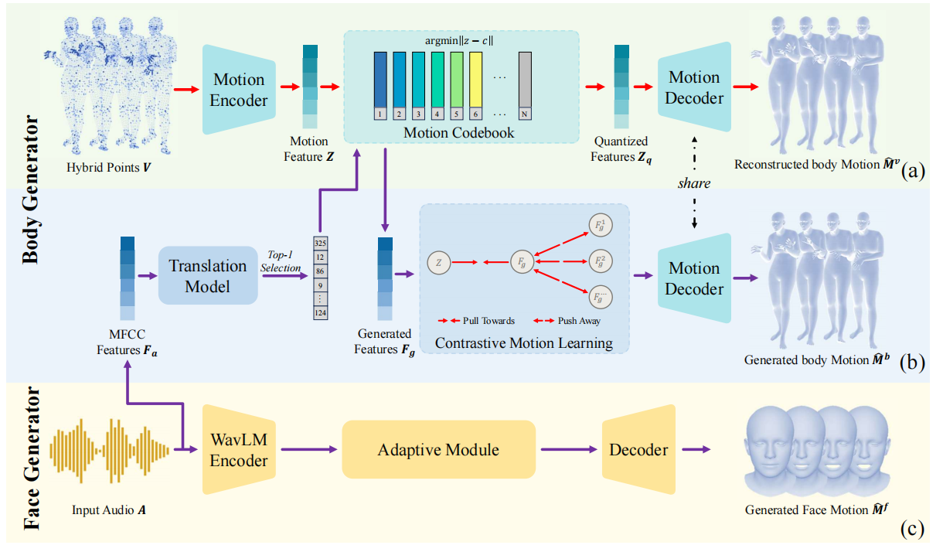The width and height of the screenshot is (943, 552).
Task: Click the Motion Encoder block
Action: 239,90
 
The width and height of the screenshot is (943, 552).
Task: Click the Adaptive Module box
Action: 438,450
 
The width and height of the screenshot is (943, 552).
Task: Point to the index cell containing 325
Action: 319,242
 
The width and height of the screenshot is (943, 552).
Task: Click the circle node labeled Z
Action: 438,263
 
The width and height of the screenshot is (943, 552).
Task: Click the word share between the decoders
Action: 694,185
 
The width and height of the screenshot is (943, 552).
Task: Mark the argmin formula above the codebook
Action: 459,39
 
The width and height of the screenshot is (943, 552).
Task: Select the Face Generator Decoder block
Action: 638,450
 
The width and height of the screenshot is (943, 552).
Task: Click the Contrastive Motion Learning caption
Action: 523,342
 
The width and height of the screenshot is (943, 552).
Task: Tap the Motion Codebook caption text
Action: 458,133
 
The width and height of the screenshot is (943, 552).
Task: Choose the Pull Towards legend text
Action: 489,320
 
